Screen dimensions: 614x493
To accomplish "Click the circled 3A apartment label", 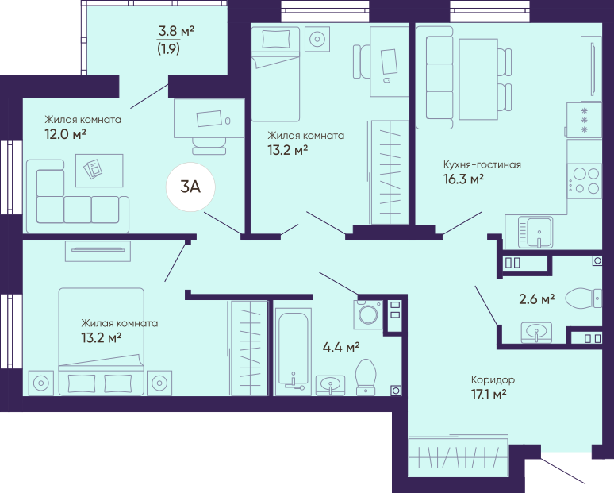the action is coord(190,187).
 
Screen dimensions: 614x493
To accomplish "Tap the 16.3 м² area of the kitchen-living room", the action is coord(463,179).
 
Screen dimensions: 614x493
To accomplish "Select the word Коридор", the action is coord(493,379).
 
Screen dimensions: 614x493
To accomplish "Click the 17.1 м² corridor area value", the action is coord(489,394).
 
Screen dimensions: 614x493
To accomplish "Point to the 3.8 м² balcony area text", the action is coord(176,30).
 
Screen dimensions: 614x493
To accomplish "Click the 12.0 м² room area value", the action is coord(65,134).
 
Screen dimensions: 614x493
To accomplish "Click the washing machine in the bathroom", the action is coord(368,314).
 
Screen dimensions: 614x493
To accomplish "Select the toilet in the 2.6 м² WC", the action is coord(583,298).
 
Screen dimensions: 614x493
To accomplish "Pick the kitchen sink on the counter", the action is coord(535,233).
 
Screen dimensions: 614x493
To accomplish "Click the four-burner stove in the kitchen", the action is coord(584,181).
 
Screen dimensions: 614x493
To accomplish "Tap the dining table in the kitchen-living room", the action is coord(478,79).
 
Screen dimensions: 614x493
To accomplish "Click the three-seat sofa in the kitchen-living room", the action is coord(434,78).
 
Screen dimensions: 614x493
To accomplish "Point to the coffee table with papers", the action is coord(99,171).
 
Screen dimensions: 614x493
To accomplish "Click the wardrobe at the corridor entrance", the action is coord(459,457).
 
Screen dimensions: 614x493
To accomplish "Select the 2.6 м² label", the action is coord(537,299).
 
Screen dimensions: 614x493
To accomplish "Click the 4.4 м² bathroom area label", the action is coord(341,347).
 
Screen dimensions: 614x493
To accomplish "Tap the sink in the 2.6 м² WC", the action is coord(536,333).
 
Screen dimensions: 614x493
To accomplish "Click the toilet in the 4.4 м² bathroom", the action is coord(366,377).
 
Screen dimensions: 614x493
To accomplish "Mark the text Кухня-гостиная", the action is coord(482,164).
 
